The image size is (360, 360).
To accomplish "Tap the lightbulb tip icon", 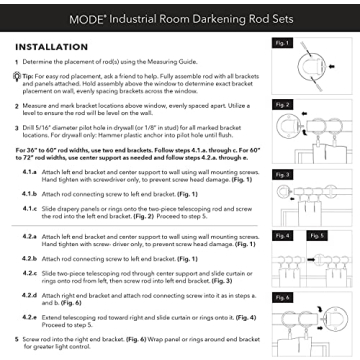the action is pos(16,76).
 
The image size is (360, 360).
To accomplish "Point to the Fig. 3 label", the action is pos(281,173).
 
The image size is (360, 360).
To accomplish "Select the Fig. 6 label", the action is pos(281,297).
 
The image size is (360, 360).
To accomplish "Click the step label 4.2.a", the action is pos(42,237).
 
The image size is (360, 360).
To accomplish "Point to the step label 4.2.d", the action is pos(42,296).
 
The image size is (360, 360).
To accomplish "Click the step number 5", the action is pos(15,339).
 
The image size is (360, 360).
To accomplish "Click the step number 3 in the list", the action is pos(15,129).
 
